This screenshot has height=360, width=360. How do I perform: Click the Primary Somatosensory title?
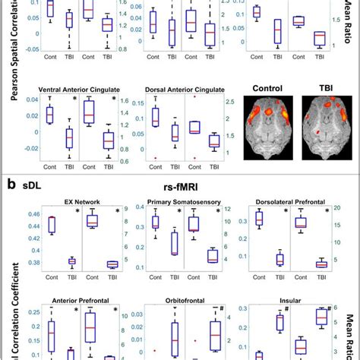[179, 203]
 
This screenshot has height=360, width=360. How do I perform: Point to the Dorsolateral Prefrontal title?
[286, 203]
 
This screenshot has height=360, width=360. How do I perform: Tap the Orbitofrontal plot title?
[179, 298]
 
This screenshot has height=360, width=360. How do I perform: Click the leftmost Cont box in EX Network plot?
[52, 225]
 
